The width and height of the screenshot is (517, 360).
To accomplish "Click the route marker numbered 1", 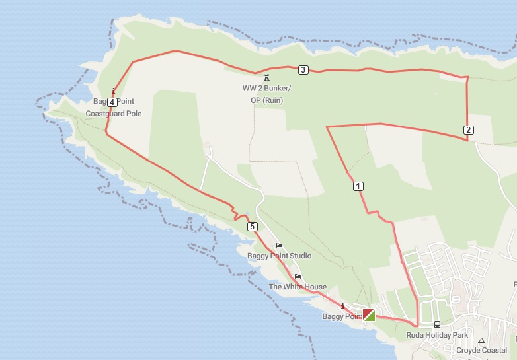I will (358, 186).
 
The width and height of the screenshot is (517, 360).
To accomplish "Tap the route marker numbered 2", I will (468, 129).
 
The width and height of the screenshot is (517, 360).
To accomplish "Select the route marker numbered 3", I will (303, 70).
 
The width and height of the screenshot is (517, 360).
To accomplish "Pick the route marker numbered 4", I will (112, 102).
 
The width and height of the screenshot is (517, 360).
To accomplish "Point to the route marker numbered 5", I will (253, 227).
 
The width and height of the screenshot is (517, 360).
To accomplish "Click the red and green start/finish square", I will (369, 314).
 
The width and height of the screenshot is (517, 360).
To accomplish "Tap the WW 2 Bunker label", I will (266, 89).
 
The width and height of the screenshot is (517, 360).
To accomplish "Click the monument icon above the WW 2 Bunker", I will (266, 78).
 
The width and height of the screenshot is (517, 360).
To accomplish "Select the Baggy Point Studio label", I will (279, 256).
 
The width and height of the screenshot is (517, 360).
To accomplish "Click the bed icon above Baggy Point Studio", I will (279, 245).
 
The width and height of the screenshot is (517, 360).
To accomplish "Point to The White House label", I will (298, 287).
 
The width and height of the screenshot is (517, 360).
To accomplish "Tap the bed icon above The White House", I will (298, 276).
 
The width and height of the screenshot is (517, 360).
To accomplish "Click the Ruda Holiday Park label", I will (437, 335).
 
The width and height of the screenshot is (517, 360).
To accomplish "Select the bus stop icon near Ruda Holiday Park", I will (437, 324).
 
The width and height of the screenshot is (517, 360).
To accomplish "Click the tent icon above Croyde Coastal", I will (482, 340).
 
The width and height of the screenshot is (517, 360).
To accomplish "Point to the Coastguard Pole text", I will (114, 114).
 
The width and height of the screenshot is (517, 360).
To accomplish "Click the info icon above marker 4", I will (114, 91).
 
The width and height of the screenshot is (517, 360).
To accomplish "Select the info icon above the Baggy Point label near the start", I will (343, 306).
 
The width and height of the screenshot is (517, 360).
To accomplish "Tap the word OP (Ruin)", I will (266, 100).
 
